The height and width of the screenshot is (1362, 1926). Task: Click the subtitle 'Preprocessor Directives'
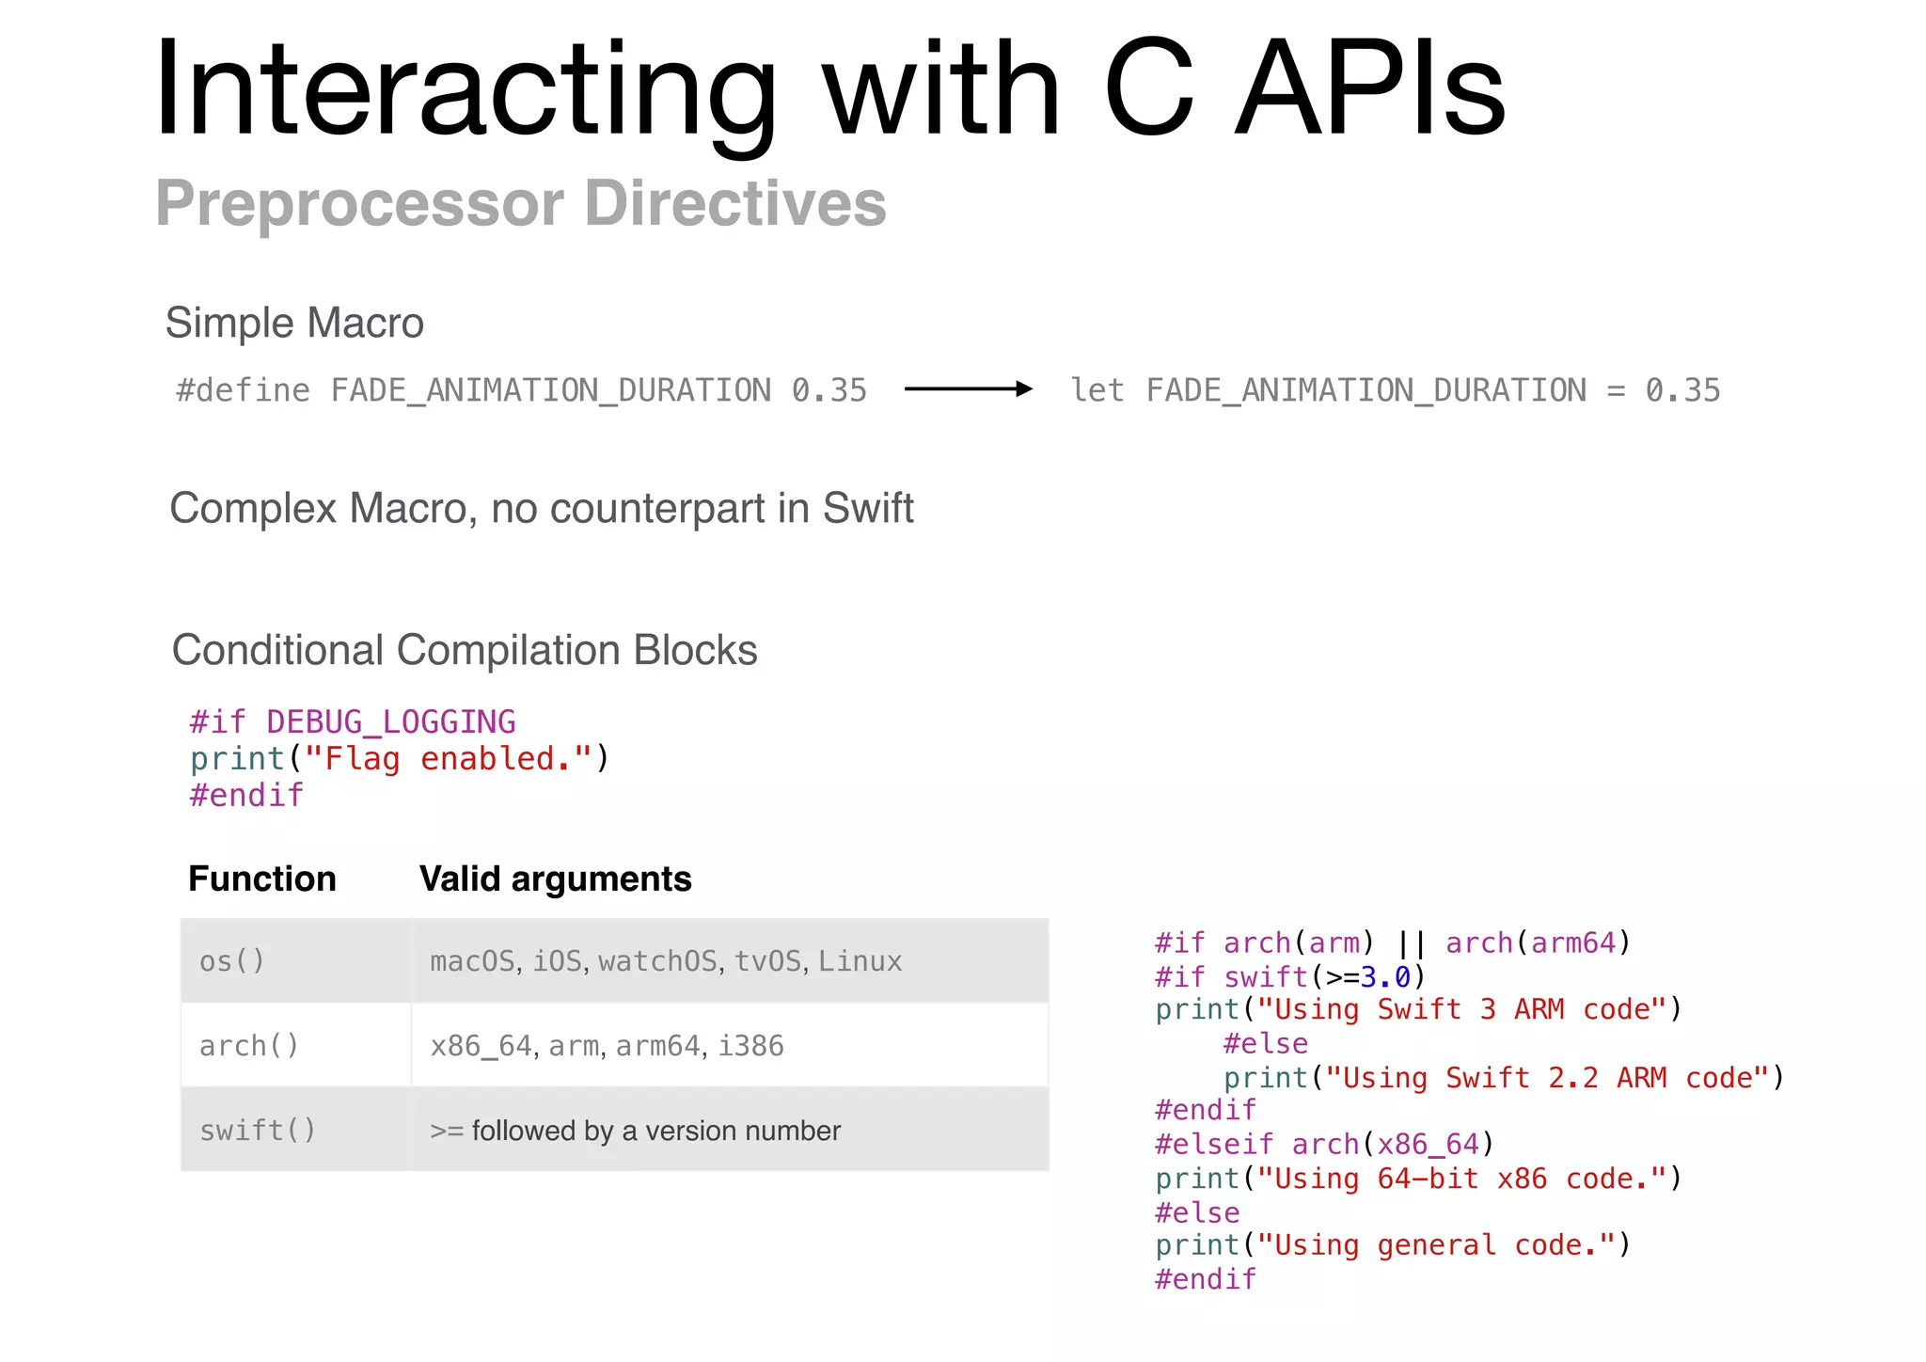[521, 203]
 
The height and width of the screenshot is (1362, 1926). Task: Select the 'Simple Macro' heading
[294, 323]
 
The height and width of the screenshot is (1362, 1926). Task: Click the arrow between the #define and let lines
[968, 389]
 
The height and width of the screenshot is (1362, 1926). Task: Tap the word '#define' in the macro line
[243, 390]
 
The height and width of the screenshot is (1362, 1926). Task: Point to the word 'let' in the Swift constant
[1097, 390]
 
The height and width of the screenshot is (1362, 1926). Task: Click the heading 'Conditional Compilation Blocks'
[465, 650]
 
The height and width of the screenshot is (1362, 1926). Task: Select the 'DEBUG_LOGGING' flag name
[390, 722]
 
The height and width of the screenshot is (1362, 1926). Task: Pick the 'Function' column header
[262, 879]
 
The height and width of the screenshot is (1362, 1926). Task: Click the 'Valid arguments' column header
[555, 879]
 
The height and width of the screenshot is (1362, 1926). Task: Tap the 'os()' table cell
[232, 961]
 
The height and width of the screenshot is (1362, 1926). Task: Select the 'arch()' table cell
[249, 1046]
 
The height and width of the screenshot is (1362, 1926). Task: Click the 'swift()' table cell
[258, 1131]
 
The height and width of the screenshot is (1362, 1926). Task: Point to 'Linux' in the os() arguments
[860, 961]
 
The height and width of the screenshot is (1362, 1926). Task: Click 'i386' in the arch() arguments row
[750, 1046]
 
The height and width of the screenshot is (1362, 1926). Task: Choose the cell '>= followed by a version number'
[635, 1131]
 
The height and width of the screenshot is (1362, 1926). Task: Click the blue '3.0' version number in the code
[1385, 977]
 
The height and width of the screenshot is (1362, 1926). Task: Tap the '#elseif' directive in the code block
[1214, 1145]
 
